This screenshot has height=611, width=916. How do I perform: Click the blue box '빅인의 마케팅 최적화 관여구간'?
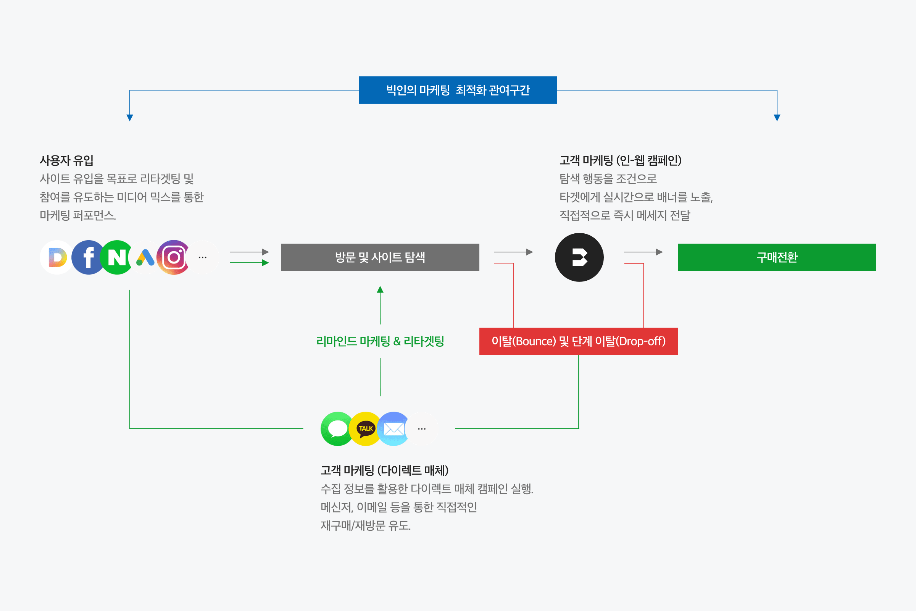pyautogui.click(x=458, y=90)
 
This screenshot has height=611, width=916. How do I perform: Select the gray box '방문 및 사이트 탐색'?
pyautogui.click(x=380, y=257)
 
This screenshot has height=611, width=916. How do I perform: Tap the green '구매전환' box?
pyautogui.click(x=777, y=257)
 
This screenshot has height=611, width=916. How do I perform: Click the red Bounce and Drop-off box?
pyautogui.click(x=578, y=341)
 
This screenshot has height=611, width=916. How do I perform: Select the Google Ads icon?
pyautogui.click(x=145, y=257)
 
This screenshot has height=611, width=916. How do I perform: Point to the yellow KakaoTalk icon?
pyautogui.click(x=365, y=428)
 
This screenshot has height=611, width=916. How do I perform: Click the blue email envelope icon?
pyautogui.click(x=394, y=428)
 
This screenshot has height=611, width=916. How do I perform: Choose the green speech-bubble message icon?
pyautogui.click(x=337, y=428)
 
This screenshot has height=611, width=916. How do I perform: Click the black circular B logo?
pyautogui.click(x=579, y=257)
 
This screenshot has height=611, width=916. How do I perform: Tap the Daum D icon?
pyautogui.click(x=57, y=257)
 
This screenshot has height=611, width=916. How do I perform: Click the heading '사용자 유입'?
pyautogui.click(x=66, y=160)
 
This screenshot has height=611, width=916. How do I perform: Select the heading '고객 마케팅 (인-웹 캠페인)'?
pyautogui.click(x=621, y=160)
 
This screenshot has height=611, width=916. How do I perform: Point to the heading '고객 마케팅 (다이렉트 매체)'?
pyautogui.click(x=384, y=470)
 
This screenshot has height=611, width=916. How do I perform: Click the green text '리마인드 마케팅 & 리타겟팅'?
pyautogui.click(x=380, y=341)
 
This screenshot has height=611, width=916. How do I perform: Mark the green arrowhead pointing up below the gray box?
pyautogui.click(x=380, y=289)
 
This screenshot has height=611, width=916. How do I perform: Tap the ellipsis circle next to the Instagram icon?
pyautogui.click(x=203, y=257)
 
